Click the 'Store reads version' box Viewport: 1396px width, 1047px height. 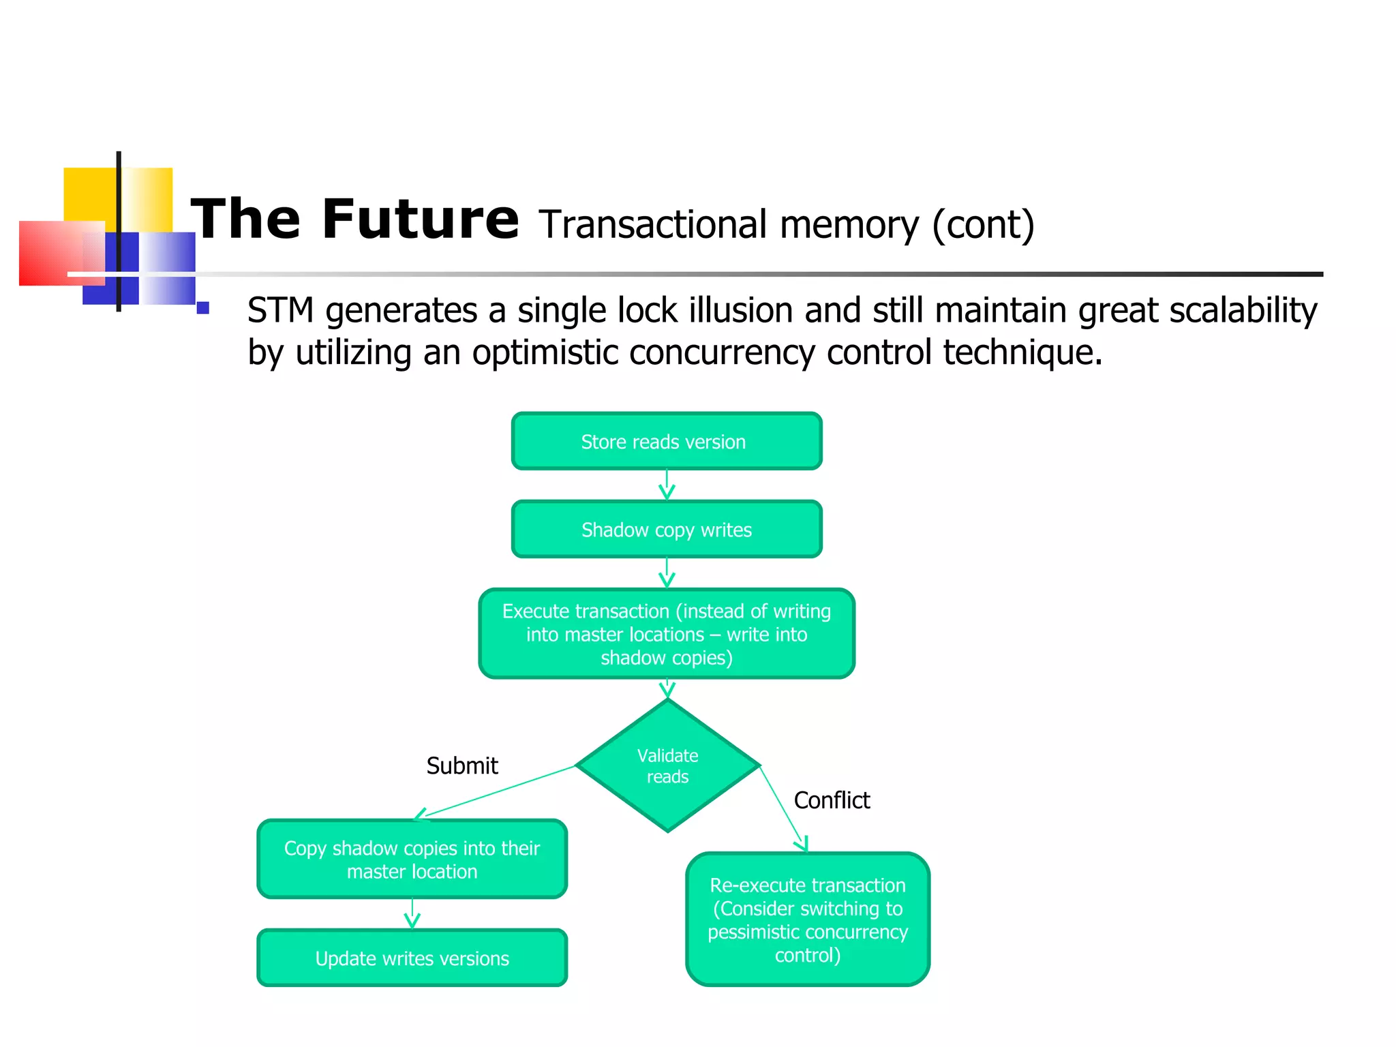point(666,442)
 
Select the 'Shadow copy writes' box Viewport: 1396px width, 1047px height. point(666,530)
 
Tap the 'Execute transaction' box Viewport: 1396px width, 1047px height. point(666,634)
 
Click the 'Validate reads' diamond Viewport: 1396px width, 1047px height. point(667,766)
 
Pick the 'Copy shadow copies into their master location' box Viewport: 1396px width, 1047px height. point(412,860)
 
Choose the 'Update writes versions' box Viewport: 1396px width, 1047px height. point(412,958)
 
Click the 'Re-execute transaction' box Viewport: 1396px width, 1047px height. point(808,920)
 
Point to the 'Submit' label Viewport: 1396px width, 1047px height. point(462,766)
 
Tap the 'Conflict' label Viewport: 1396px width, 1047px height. point(832,800)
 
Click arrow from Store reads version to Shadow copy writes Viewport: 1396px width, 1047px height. point(667,485)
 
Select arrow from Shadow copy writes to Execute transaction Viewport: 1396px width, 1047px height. point(667,573)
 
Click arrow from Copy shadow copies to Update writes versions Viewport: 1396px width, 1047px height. point(412,913)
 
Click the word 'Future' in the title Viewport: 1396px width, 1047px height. point(420,219)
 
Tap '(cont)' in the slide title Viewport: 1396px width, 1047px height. point(983,225)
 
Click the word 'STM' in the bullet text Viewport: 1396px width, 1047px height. point(280,311)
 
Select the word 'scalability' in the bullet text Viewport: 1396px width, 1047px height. point(1243,311)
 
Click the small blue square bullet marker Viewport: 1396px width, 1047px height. point(202,307)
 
